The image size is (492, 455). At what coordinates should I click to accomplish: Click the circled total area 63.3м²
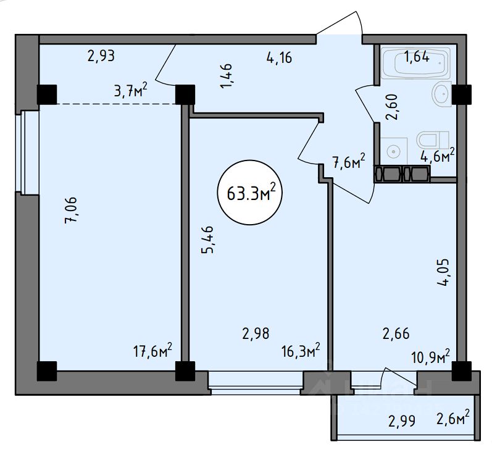pos(250,193)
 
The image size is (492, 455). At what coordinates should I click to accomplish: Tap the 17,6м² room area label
pos(153,350)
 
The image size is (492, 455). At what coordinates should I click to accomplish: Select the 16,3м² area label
pos(301,350)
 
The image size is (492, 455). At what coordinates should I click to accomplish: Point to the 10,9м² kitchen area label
pos(430,356)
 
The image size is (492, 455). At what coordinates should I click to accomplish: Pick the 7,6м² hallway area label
pos(349,161)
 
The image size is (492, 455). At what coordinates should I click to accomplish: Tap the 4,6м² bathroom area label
pos(438,155)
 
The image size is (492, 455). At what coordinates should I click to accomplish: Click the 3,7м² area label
pos(131,91)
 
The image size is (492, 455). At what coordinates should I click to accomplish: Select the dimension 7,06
pos(71,211)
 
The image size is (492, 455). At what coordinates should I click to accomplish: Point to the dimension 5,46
pos(207,240)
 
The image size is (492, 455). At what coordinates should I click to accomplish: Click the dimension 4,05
pos(443,272)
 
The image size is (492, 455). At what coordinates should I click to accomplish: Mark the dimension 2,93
pos(101,56)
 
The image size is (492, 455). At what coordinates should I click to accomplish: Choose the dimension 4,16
pos(279,58)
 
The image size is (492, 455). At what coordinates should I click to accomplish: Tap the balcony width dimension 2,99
pos(402,421)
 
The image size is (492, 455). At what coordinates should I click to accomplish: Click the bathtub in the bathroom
pos(415,63)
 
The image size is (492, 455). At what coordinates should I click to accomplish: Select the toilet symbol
pos(433,140)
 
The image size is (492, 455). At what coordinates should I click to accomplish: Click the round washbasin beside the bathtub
pos(442,93)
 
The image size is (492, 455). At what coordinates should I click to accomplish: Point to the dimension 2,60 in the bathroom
pos(392,107)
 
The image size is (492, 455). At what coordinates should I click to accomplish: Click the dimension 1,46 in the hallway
pos(227,76)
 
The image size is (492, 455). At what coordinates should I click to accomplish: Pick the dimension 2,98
pos(256,333)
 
